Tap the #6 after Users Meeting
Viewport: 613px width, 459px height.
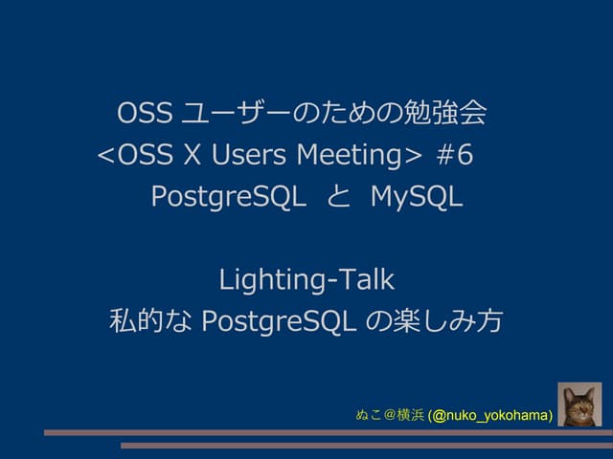[x=455, y=155]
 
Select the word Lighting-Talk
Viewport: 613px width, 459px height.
[x=306, y=280]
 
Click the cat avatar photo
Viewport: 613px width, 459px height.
[x=579, y=404]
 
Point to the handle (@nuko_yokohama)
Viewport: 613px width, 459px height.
[x=490, y=416]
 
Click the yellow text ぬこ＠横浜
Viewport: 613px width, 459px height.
[x=390, y=416]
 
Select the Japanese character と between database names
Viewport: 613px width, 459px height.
[x=338, y=197]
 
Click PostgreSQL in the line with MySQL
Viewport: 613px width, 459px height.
[x=228, y=197]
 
